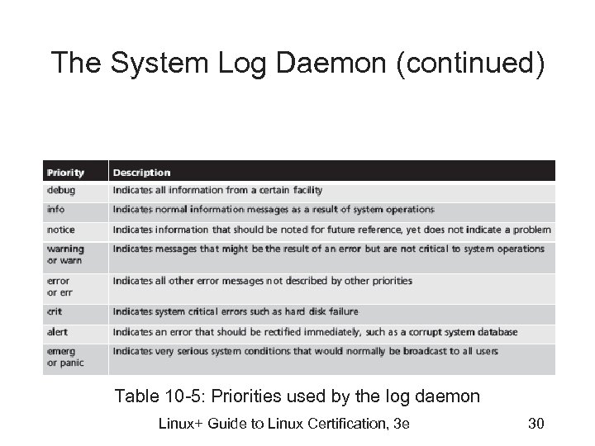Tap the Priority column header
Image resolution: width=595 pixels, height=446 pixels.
click(x=66, y=173)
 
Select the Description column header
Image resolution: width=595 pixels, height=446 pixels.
click(x=141, y=173)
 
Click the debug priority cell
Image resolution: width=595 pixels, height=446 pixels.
click(x=61, y=191)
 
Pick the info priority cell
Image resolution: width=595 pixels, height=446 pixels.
click(x=56, y=210)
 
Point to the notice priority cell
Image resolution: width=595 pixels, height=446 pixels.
click(x=61, y=230)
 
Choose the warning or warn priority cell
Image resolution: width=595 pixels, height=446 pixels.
click(x=66, y=254)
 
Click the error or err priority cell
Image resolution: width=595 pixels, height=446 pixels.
click(x=59, y=286)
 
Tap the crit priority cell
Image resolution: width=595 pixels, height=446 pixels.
click(x=55, y=312)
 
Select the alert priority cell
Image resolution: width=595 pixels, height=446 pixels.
click(x=58, y=332)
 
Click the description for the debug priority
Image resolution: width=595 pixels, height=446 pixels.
click(x=217, y=191)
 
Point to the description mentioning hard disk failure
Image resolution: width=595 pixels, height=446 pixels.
click(x=236, y=312)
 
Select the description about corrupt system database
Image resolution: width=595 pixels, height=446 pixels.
click(x=315, y=332)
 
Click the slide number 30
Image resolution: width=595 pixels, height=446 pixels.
click(x=534, y=425)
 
